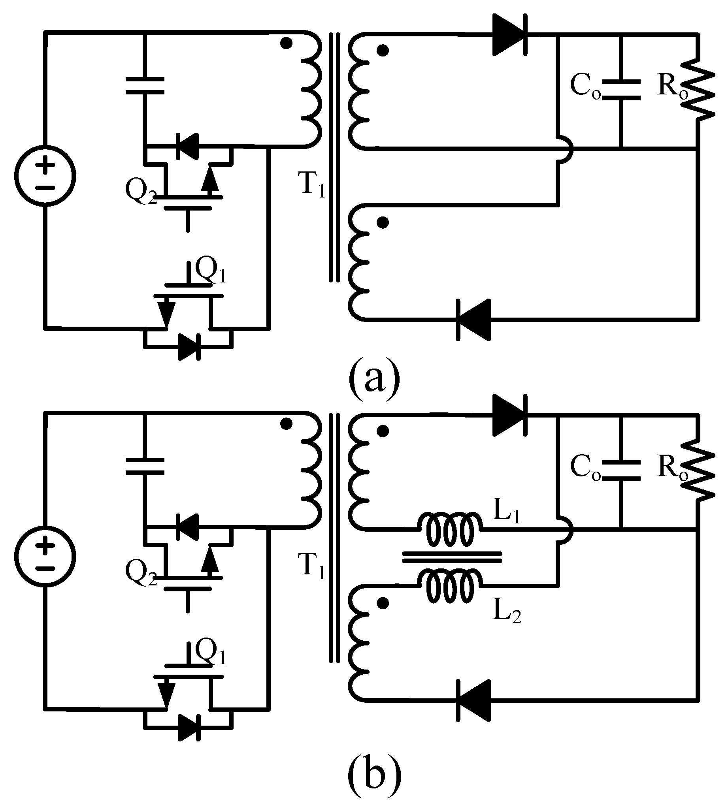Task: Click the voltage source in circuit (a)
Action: [x=45, y=176]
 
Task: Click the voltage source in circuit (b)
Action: [x=45, y=557]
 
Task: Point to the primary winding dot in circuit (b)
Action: [x=287, y=424]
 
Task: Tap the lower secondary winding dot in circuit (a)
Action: [x=383, y=223]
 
